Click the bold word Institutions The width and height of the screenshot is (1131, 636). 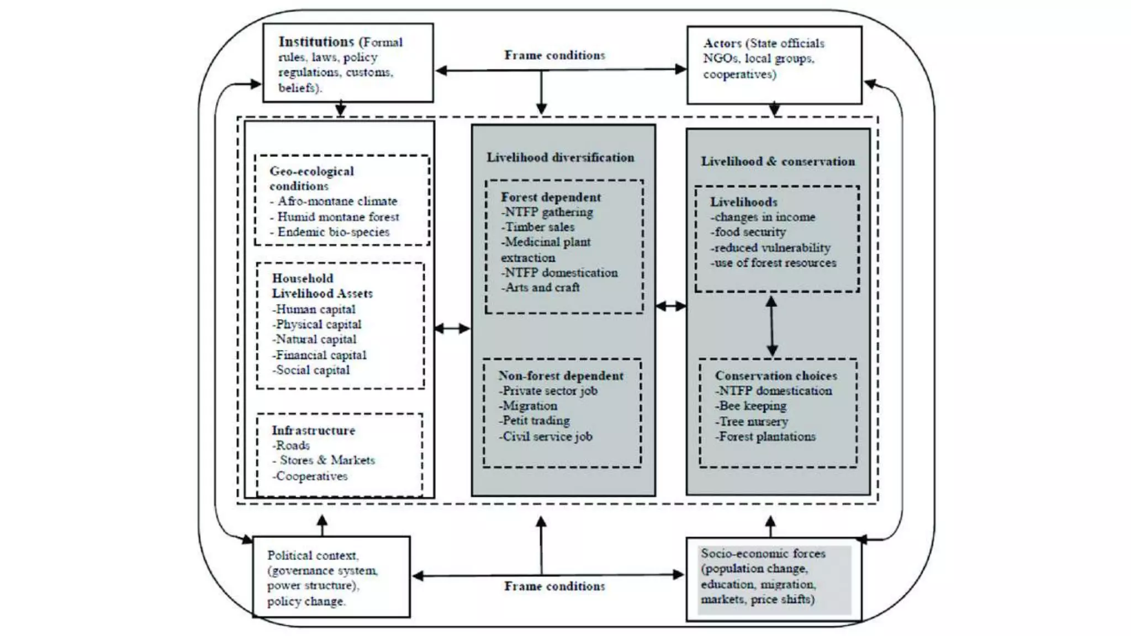(316, 42)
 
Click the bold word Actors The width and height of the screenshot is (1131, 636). (722, 43)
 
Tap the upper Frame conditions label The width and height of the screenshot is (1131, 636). (554, 55)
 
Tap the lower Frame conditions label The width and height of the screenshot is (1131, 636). (554, 586)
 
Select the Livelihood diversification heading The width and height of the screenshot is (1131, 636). (560, 157)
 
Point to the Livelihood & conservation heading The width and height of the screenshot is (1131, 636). (778, 161)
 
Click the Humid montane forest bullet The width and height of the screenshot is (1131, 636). (338, 217)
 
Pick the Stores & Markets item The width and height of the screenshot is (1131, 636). (326, 460)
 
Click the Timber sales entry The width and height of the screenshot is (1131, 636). (538, 227)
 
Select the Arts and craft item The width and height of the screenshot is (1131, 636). (541, 288)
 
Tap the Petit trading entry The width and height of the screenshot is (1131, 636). (535, 421)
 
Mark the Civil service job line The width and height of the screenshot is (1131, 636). (546, 437)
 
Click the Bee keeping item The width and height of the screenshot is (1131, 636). (752, 406)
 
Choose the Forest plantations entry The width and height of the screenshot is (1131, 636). (766, 437)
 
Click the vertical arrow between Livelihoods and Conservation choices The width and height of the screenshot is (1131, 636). (772, 326)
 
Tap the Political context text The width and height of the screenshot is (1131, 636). (313, 555)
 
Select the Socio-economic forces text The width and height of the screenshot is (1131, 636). (763, 554)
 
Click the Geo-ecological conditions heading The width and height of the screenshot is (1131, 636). (311, 178)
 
